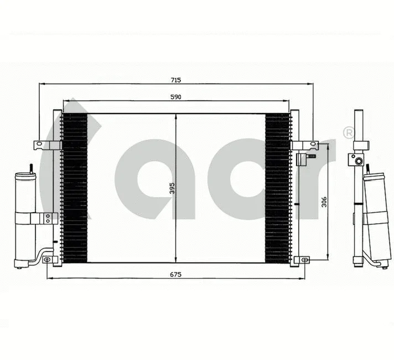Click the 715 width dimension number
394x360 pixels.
[175, 80]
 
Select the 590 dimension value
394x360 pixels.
[175, 97]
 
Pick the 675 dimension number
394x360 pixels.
[175, 274]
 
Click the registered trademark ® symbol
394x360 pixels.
[349, 133]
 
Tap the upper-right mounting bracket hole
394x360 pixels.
[313, 145]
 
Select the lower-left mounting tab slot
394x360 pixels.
[48, 259]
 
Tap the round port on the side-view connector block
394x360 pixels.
[358, 161]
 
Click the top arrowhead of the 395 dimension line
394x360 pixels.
[176, 116]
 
